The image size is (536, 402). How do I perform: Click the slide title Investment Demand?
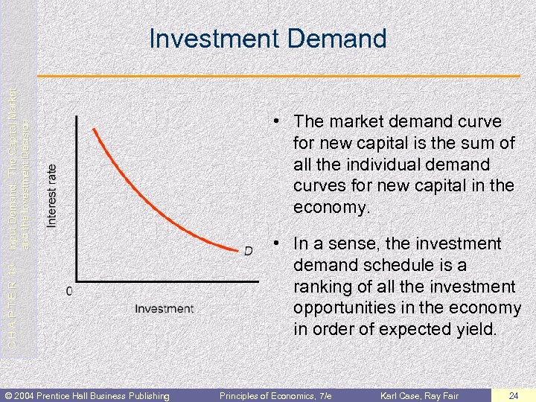pyautogui.click(x=268, y=38)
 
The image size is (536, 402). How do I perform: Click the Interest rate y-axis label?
pyautogui.click(x=51, y=196)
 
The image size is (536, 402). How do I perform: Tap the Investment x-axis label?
pyautogui.click(x=164, y=308)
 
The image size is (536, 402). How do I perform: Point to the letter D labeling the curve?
pyautogui.click(x=248, y=252)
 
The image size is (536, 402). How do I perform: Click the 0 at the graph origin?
pyautogui.click(x=69, y=291)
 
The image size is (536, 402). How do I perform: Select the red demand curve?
pyautogui.click(x=149, y=201)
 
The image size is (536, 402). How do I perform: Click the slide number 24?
pyautogui.click(x=514, y=395)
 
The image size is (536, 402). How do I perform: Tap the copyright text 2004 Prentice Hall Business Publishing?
pyautogui.click(x=88, y=395)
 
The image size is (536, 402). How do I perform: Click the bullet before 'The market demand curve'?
pyautogui.click(x=275, y=121)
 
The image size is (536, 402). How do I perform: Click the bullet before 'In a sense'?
pyautogui.click(x=275, y=244)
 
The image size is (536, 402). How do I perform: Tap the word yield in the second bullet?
pyautogui.click(x=473, y=329)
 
